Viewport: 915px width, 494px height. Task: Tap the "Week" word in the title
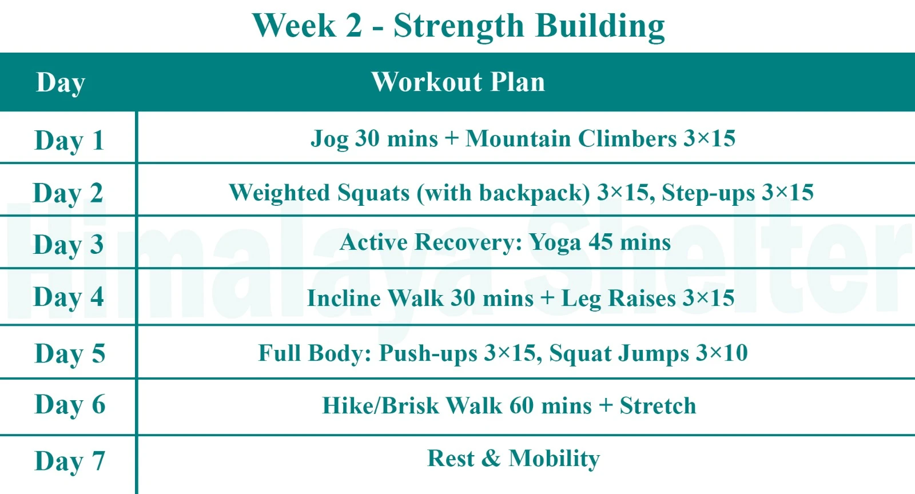pyautogui.click(x=294, y=26)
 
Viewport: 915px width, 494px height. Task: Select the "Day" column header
pyautogui.click(x=61, y=83)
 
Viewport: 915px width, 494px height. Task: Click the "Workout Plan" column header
pyautogui.click(x=458, y=82)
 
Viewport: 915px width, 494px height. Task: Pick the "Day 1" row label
pyautogui.click(x=69, y=141)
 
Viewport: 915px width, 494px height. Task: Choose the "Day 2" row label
pyautogui.click(x=67, y=193)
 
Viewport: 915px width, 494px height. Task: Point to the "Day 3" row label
pyautogui.click(x=68, y=245)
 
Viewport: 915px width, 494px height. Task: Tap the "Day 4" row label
pyautogui.click(x=68, y=297)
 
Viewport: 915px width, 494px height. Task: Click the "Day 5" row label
pyautogui.click(x=69, y=353)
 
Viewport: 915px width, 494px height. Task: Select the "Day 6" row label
pyautogui.click(x=69, y=405)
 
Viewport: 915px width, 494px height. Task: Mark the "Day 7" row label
pyautogui.click(x=69, y=461)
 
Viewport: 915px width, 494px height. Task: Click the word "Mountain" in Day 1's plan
pyautogui.click(x=518, y=139)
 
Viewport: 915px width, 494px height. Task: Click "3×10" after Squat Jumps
pyautogui.click(x=722, y=353)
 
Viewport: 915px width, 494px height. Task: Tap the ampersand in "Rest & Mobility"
pyautogui.click(x=491, y=459)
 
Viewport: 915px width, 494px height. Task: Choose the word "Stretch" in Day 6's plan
pyautogui.click(x=658, y=406)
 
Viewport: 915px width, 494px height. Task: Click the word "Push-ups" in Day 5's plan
pyautogui.click(x=428, y=354)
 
